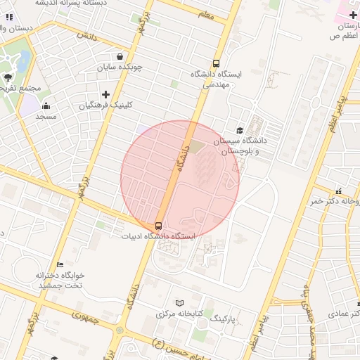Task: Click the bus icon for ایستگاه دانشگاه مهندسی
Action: (216, 62)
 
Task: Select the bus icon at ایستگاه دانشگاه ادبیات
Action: (158, 226)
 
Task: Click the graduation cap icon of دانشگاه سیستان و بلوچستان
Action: (240, 130)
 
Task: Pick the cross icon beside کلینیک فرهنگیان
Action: (105, 94)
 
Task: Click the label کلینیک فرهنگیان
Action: (105, 105)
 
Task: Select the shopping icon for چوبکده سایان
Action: (120, 57)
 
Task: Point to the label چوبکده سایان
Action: (120, 67)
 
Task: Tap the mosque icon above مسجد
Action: (46, 105)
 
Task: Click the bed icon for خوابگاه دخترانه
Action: (60, 264)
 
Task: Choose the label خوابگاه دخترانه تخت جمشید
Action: (60, 280)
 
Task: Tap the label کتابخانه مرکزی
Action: (179, 312)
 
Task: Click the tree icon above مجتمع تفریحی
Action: (8, 78)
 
